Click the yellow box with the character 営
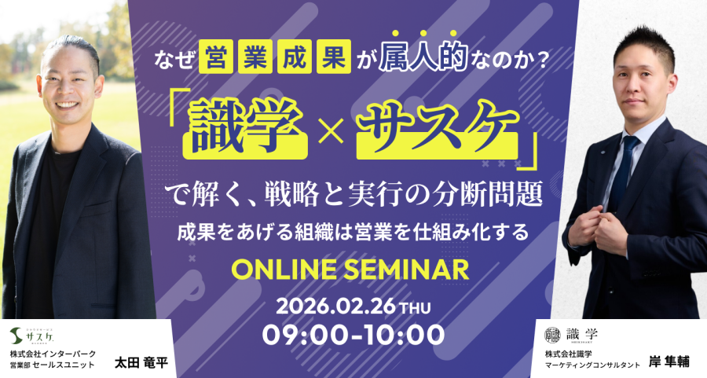[215, 57]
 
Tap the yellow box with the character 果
[334, 57]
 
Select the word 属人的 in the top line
[423, 57]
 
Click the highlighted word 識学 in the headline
[246, 129]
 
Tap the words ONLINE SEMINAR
[350, 270]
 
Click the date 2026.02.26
[335, 306]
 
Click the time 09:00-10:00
[353, 335]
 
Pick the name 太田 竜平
[141, 362]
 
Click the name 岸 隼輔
[669, 361]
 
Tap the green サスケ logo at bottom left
[32, 336]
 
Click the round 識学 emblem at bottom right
[552, 335]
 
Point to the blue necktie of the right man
[625, 171]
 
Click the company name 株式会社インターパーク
[53, 354]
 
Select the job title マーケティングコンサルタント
[592, 365]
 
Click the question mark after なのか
[539, 60]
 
